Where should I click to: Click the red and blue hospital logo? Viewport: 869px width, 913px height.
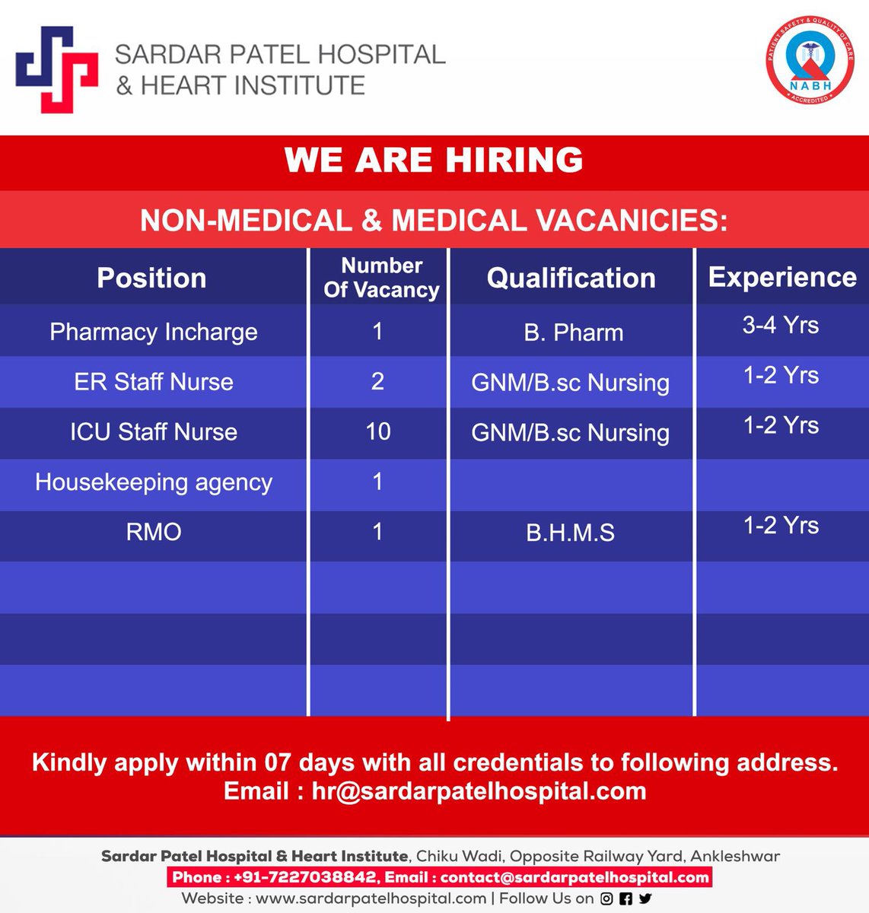(56, 68)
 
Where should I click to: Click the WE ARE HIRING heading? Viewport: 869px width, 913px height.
(434, 161)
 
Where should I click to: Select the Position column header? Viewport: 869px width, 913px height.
(151, 278)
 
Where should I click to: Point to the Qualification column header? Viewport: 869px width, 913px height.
(571, 278)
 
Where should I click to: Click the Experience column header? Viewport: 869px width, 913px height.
(782, 277)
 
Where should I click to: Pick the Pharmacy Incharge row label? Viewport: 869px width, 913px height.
(154, 332)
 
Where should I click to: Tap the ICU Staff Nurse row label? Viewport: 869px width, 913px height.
(154, 432)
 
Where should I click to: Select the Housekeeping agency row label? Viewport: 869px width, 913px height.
(154, 482)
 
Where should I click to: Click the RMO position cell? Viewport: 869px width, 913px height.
(154, 532)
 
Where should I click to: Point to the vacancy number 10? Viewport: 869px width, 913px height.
(378, 432)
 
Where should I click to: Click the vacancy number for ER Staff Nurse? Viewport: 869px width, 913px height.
(377, 382)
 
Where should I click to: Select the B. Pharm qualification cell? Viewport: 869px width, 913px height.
(573, 332)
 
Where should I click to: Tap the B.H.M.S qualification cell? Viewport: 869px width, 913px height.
(570, 533)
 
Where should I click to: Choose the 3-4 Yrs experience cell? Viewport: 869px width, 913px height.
(781, 326)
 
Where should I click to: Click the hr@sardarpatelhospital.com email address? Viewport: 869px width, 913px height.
(479, 791)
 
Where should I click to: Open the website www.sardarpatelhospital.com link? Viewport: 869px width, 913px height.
(371, 899)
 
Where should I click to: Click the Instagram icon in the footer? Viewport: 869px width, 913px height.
(606, 899)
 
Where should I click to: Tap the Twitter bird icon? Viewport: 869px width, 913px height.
(645, 899)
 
